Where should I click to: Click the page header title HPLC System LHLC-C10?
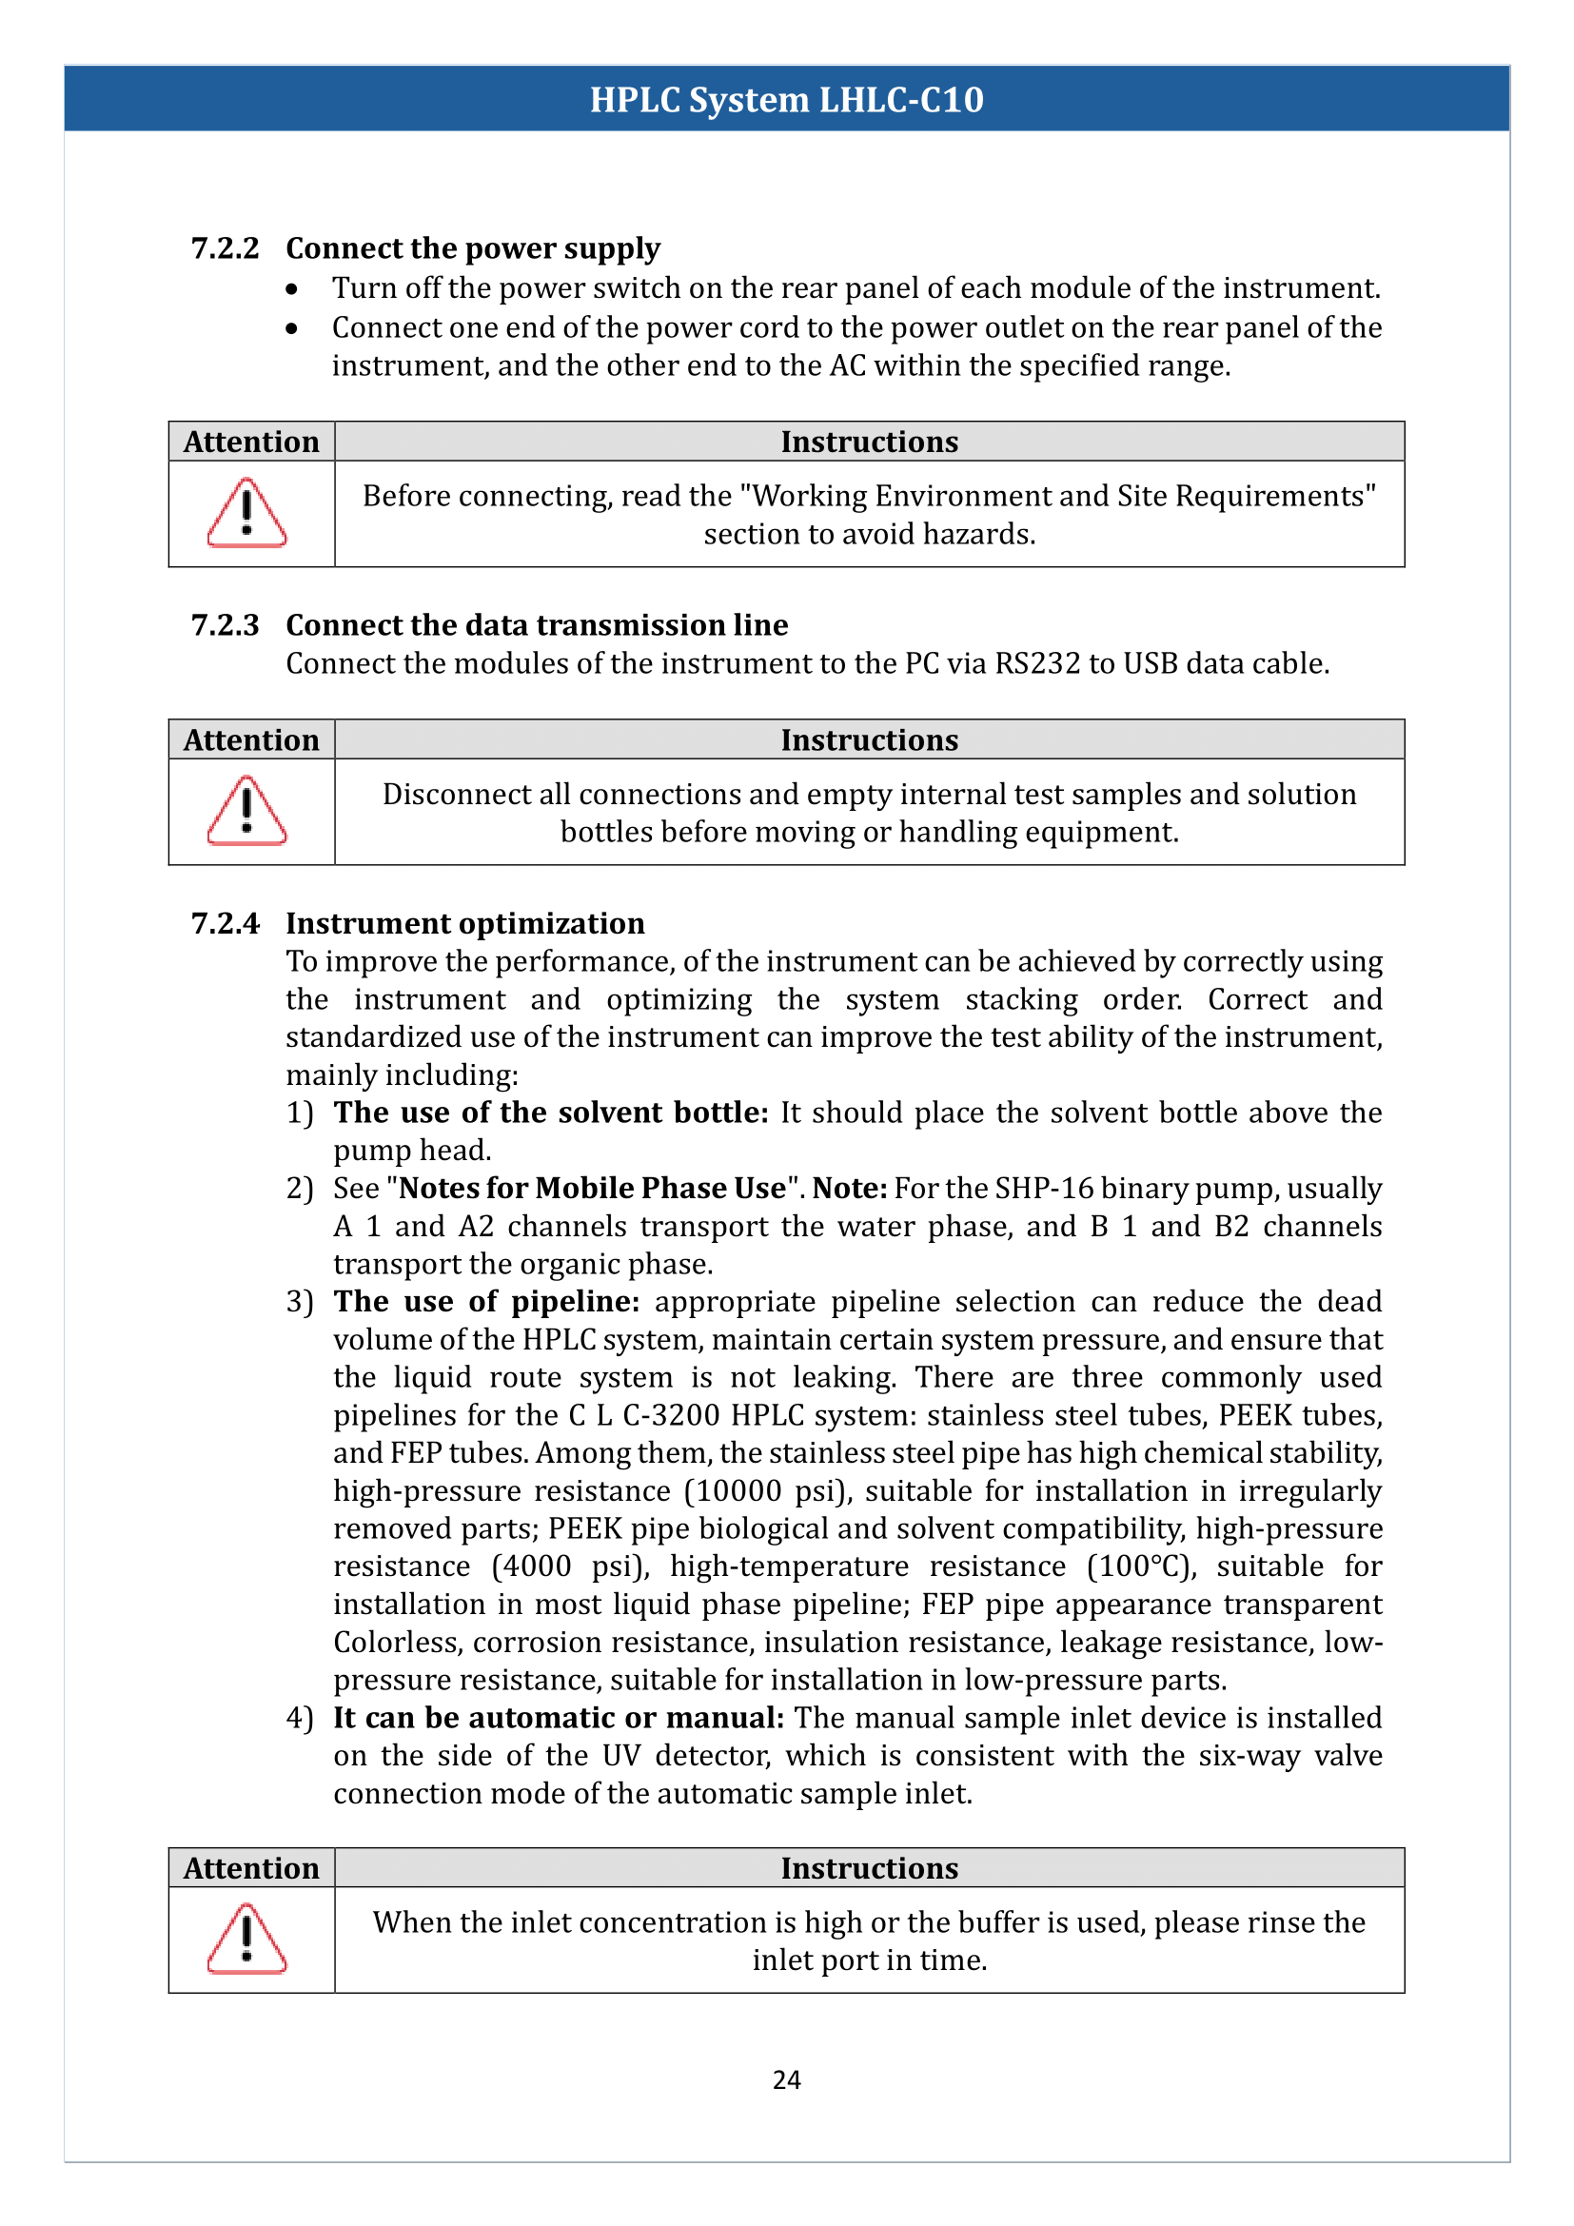tap(786, 100)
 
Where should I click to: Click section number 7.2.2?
tap(225, 248)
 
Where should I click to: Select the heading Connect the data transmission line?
tap(536, 624)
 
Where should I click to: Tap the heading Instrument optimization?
tap(465, 923)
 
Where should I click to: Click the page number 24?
tap(786, 2079)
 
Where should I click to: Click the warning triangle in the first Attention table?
tap(247, 513)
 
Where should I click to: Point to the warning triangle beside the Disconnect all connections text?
tap(247, 811)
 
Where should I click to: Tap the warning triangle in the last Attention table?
tap(247, 1939)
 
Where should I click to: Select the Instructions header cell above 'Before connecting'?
tap(869, 443)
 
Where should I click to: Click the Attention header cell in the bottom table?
tap(251, 1868)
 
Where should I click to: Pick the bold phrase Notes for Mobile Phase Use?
tap(592, 1188)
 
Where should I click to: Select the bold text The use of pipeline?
tap(486, 1301)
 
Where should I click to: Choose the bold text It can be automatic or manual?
tap(559, 1717)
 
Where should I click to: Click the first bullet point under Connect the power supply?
tap(292, 289)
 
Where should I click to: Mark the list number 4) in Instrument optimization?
tap(300, 1717)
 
